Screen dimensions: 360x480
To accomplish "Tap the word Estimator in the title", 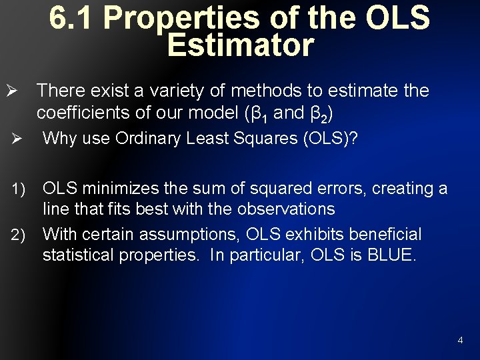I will tap(240, 45).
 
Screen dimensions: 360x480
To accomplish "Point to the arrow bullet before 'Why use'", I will tap(17, 139).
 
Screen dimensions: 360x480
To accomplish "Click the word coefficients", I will tap(83, 113).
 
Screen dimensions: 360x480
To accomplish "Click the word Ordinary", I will tap(153, 139).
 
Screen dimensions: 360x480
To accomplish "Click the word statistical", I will tap(79, 255).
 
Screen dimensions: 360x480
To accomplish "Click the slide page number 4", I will tap(460, 341).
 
